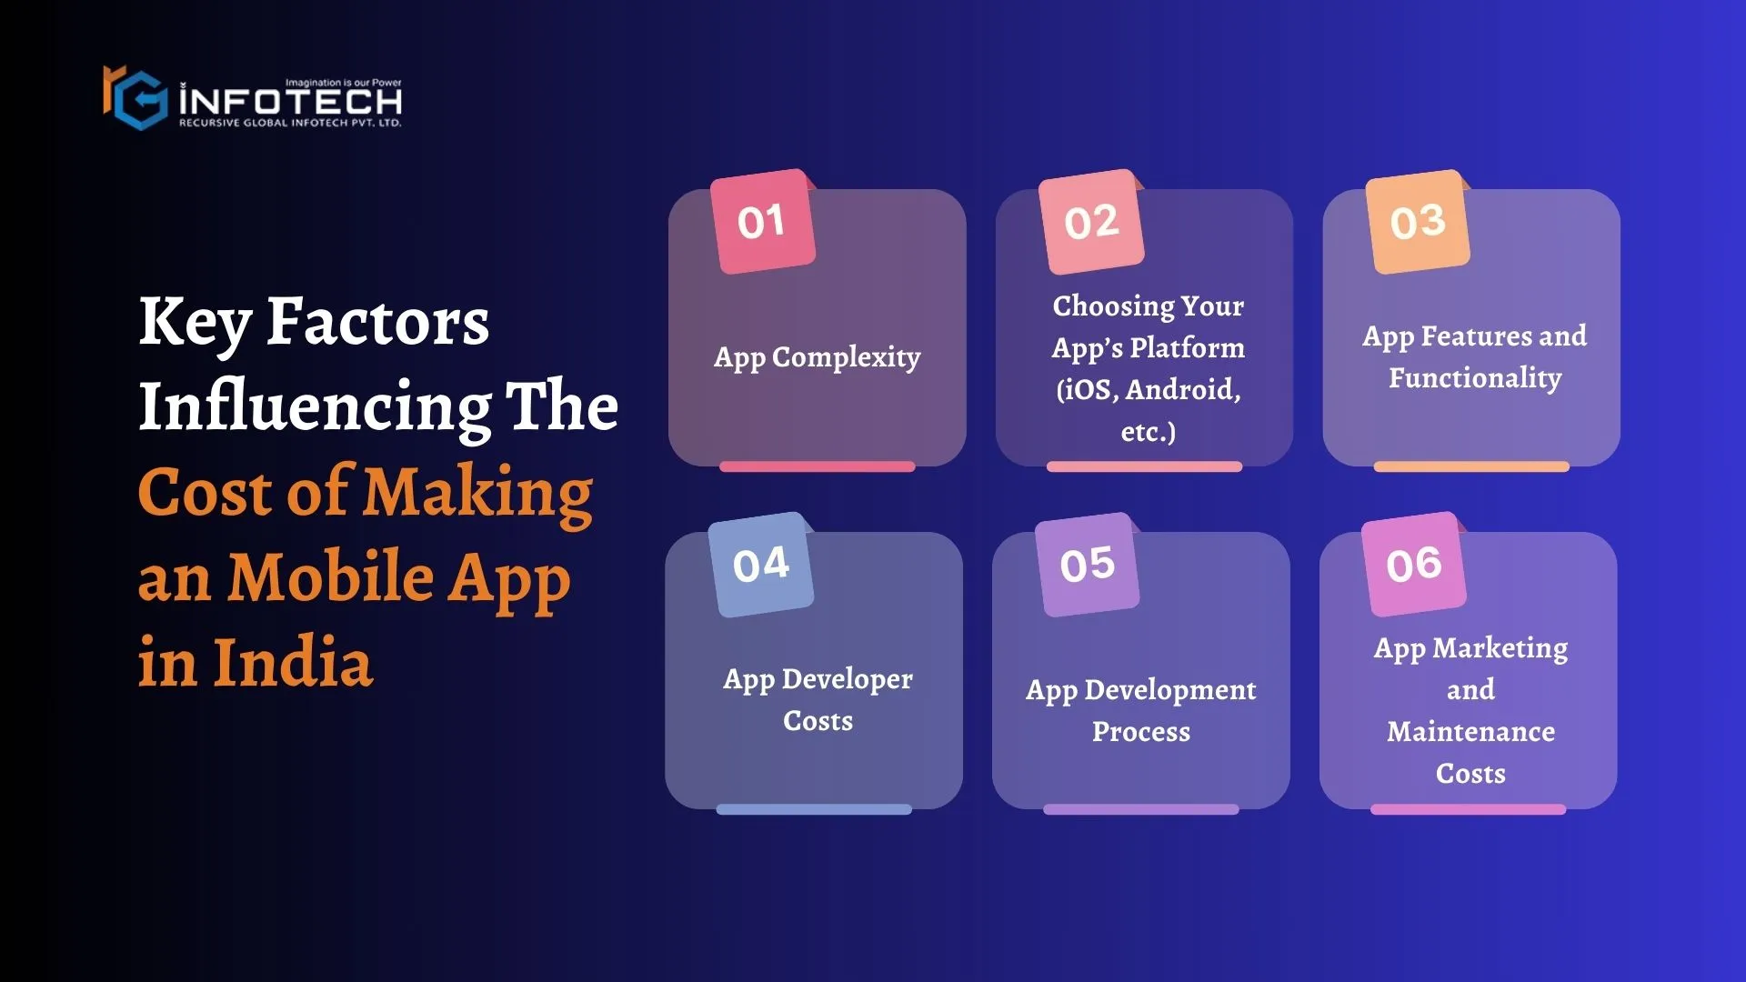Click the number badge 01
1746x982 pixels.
coord(762,221)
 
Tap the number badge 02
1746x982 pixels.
coord(1090,221)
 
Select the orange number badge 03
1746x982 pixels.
coord(1418,221)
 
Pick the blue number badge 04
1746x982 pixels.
coord(761,565)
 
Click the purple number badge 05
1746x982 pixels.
coord(1088,565)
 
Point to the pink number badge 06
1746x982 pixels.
coord(1414,565)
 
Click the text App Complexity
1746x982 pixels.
coord(818,357)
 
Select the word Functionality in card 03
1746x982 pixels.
coord(1475,378)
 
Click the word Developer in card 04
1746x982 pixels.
coord(848,679)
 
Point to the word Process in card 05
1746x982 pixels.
coord(1141,732)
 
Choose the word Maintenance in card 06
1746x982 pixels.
coord(1471,732)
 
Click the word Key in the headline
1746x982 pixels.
coord(195,323)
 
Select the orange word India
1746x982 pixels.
coord(293,661)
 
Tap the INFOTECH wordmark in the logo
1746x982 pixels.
coord(291,100)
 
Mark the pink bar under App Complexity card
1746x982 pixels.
coord(818,466)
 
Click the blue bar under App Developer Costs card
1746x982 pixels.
coord(814,809)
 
